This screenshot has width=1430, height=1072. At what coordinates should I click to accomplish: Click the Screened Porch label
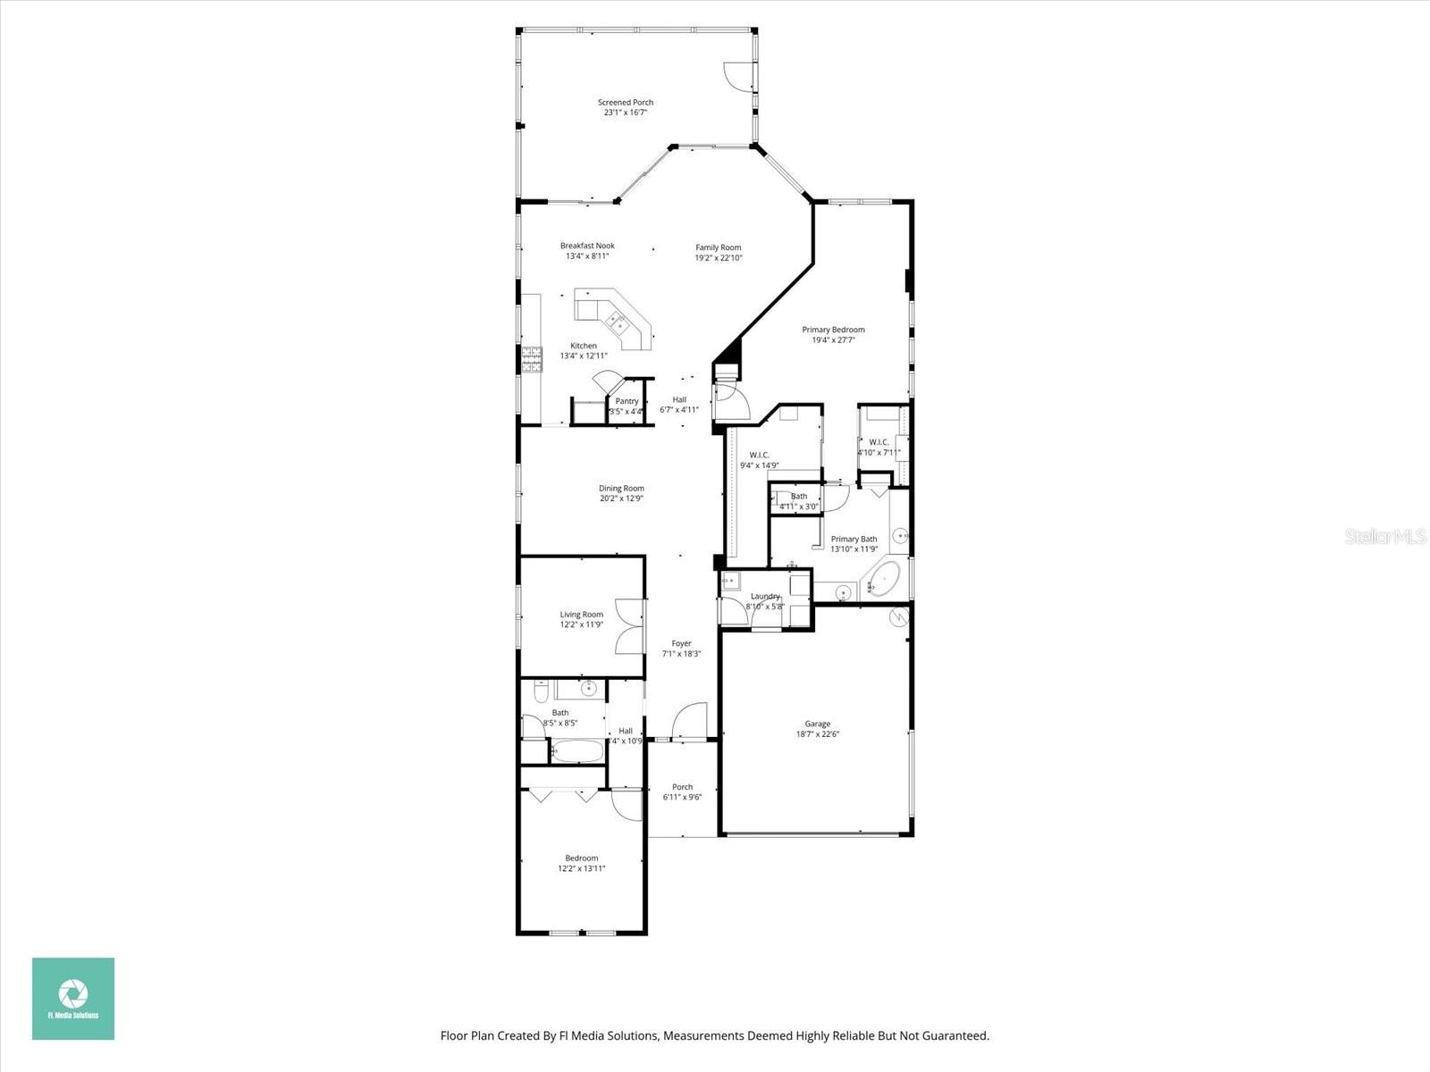tap(626, 103)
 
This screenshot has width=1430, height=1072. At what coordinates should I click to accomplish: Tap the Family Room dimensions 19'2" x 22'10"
tap(719, 258)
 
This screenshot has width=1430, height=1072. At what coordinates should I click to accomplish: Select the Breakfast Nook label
tap(587, 246)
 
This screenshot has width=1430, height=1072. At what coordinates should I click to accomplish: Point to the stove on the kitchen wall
tap(532, 359)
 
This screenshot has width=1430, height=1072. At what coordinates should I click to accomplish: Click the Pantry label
tap(627, 401)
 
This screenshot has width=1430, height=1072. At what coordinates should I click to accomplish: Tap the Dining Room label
tap(621, 489)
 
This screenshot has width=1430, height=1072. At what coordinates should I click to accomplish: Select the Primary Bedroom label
tap(833, 330)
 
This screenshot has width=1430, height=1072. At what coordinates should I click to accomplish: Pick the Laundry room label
tap(765, 596)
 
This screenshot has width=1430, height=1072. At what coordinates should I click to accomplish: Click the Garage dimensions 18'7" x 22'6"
tap(817, 734)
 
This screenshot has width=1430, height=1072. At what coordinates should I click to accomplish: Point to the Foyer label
tap(681, 643)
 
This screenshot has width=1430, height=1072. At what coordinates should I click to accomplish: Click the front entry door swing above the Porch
tap(689, 722)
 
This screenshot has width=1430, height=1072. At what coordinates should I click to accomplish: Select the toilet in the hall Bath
tap(540, 692)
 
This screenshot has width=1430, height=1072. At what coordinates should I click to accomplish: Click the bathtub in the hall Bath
tap(576, 750)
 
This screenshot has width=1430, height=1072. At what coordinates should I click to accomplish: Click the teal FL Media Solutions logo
tap(73, 998)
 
